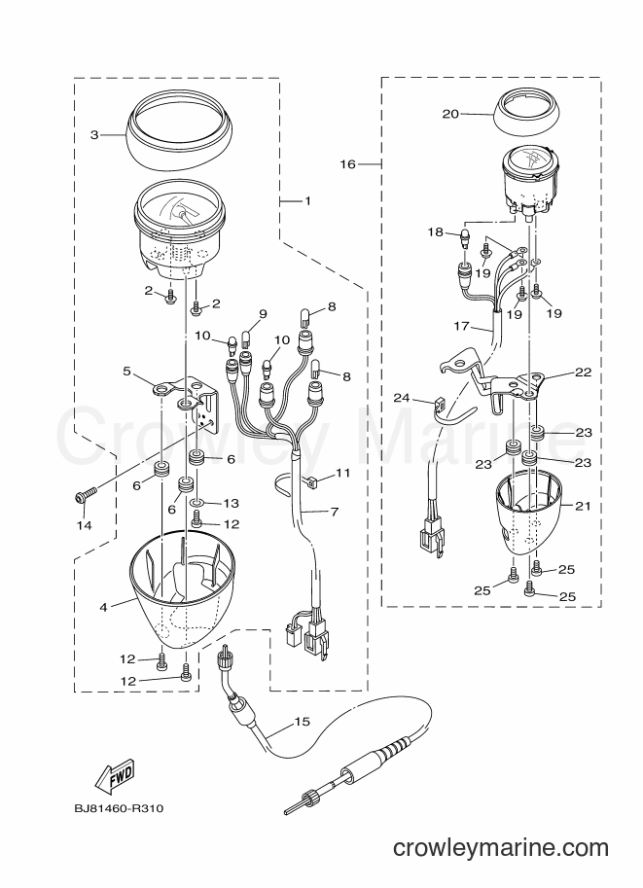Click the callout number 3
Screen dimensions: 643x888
(94, 135)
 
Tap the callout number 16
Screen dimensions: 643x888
(347, 164)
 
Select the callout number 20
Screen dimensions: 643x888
(450, 114)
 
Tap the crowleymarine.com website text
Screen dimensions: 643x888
(500, 848)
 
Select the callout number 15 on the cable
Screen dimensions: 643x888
(302, 722)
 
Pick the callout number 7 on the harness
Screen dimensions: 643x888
(335, 512)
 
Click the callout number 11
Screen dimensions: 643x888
(343, 473)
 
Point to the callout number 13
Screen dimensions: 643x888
(232, 503)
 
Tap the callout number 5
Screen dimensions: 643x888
(126, 372)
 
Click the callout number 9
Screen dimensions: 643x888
(263, 314)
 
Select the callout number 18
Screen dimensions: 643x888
(435, 232)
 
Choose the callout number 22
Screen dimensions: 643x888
(583, 373)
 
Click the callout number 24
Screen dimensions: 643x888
(402, 398)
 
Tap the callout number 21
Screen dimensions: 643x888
(583, 506)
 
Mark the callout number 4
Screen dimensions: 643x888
(103, 608)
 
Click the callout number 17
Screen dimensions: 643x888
(462, 326)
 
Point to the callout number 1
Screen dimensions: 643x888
(307, 200)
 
